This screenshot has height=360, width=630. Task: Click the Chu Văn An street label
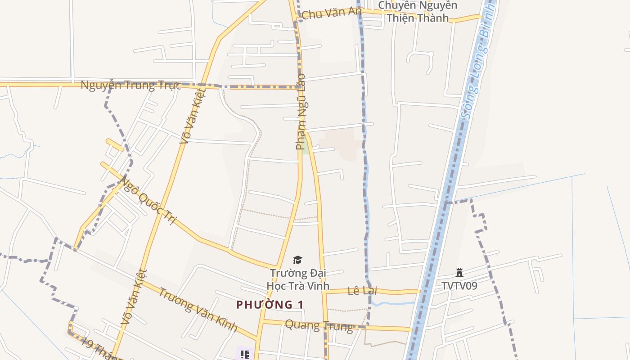331,13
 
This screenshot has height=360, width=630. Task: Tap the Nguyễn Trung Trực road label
130,85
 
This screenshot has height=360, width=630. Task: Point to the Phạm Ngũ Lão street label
301,112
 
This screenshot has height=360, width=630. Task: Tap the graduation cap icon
297,260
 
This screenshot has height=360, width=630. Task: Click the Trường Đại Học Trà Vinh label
298,279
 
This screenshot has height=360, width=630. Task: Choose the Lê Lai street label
362,291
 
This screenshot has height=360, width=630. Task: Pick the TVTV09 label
459,286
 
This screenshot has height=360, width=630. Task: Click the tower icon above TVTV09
459,273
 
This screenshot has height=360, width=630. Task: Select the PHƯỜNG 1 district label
270,305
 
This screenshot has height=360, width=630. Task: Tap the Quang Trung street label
319,325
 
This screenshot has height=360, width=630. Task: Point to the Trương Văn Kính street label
198,309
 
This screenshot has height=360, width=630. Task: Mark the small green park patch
306,146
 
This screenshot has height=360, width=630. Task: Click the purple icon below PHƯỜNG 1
244,355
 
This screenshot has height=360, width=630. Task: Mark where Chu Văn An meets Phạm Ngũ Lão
296,20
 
